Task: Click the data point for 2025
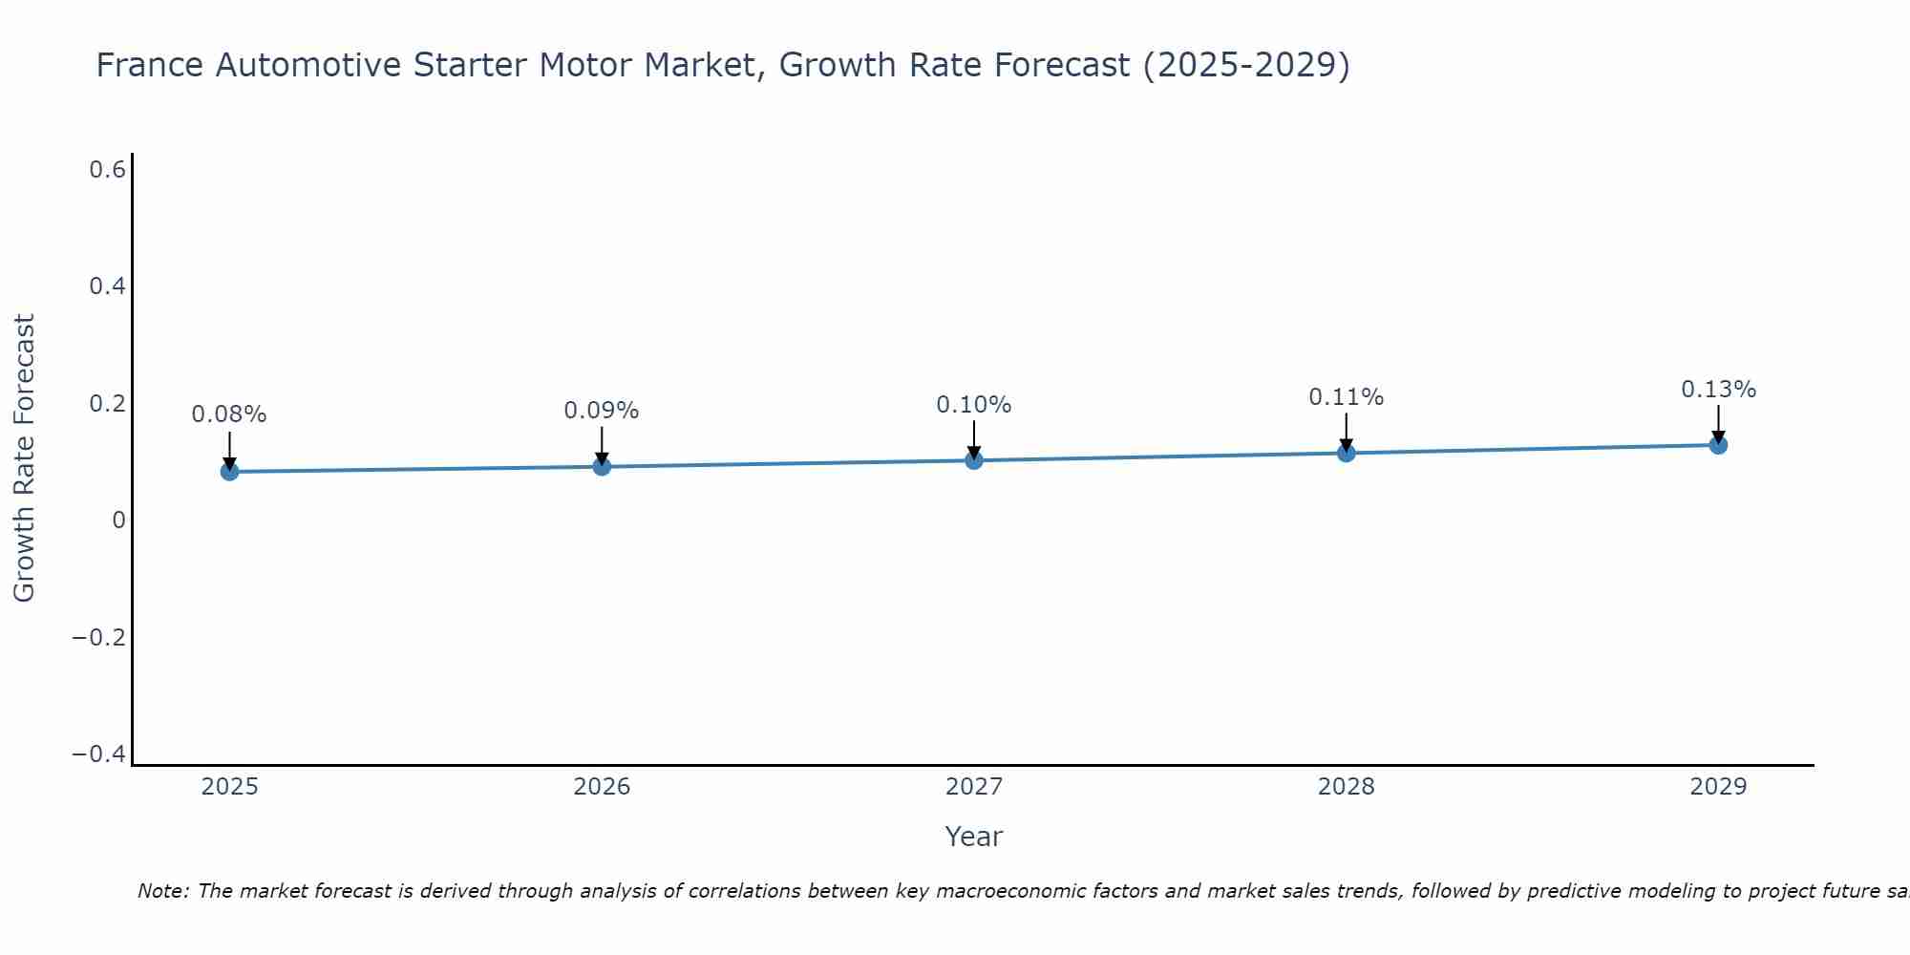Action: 229,471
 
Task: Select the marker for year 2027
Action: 974,460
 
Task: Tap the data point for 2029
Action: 1718,445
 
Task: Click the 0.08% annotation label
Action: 229,414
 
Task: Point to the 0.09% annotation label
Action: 602,411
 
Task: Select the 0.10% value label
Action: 974,405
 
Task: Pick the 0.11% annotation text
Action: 1346,397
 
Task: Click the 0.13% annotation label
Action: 1718,390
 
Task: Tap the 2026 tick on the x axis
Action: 602,787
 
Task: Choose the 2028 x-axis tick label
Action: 1346,787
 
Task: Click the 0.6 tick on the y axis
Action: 107,170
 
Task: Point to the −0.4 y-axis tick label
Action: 98,754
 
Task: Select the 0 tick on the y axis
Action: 118,520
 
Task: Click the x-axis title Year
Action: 973,837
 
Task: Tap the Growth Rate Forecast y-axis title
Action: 24,458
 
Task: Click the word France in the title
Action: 150,66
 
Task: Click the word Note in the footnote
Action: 162,891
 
